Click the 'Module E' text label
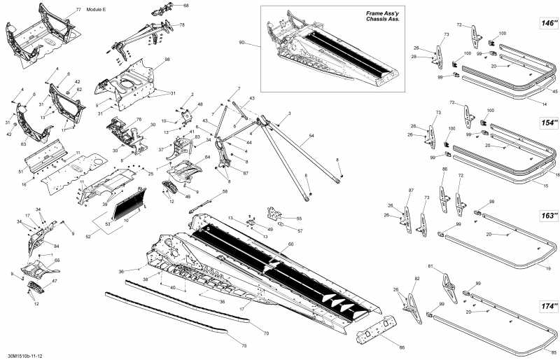[95, 11]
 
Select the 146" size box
[547, 23]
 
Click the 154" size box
[547, 122]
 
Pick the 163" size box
[547, 215]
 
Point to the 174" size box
[547, 307]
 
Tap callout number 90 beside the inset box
[242, 43]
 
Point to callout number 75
[244, 345]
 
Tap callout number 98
[167, 60]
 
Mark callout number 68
[185, 6]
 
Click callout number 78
[182, 25]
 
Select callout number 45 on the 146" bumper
[554, 91]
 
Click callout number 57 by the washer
[300, 230]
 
